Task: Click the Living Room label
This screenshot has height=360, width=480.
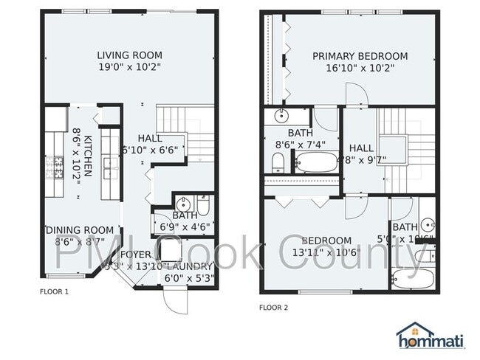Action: point(130,55)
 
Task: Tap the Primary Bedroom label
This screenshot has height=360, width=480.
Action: point(360,56)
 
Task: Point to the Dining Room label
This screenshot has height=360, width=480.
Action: point(80,230)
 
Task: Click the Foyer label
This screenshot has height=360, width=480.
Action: point(136,255)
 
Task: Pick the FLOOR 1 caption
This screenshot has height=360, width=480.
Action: point(54,291)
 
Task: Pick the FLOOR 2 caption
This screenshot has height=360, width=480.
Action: point(273,307)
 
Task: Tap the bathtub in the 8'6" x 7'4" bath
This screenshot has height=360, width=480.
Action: point(316,163)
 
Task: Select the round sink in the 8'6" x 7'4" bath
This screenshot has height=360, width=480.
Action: point(281,116)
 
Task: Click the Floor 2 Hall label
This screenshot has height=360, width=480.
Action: point(361,148)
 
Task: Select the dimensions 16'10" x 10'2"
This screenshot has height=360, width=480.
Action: point(360,69)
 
